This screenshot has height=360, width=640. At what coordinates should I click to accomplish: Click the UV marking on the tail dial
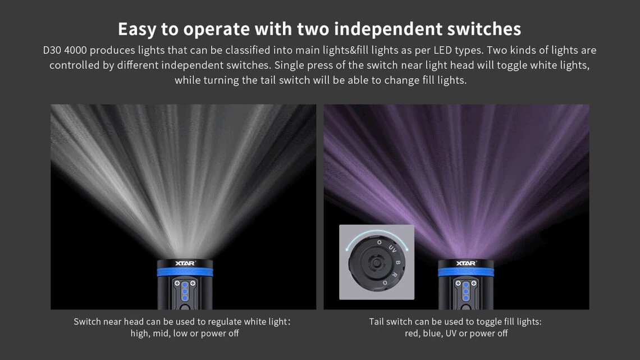coord(392,249)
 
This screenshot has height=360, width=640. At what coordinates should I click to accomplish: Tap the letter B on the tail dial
coord(398,262)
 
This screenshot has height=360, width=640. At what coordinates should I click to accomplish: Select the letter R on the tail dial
coord(394,275)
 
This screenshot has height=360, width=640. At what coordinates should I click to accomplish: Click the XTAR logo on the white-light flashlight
coord(185,263)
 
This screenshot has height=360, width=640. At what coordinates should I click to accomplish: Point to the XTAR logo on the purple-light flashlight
coord(466,263)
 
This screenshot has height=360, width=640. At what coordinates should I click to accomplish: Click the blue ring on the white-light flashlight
coord(185,272)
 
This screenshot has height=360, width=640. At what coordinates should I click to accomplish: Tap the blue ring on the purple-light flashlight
coord(466,272)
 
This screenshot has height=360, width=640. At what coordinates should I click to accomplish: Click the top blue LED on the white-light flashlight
coord(185,285)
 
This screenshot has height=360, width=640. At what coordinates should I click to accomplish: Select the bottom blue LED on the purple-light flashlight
coord(466,298)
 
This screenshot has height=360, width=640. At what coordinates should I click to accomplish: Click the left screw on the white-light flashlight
coord(177,283)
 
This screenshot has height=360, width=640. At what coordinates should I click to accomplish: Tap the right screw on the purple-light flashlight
coord(473,283)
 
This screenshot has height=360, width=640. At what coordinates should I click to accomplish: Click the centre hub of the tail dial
coord(376,263)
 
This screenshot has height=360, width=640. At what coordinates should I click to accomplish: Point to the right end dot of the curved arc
coord(407,249)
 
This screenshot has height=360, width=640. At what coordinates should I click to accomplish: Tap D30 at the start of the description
coord(52,50)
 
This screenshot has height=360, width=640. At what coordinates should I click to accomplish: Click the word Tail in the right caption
coord(376,322)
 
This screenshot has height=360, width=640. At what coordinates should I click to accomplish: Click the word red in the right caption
coord(412,334)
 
